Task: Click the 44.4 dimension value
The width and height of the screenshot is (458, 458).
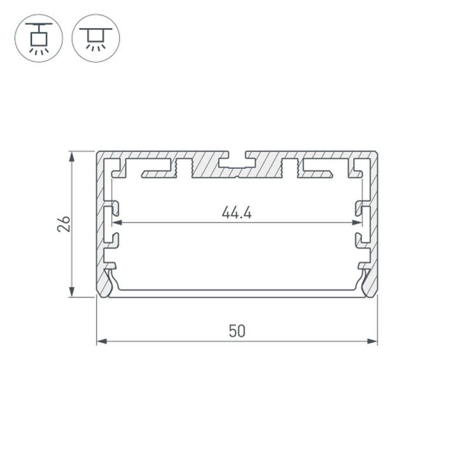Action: (237, 212)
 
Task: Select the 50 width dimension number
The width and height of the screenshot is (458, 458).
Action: (237, 331)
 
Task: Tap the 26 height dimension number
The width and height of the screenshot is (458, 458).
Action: (64, 224)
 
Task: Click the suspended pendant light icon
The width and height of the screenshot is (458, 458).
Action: (39, 38)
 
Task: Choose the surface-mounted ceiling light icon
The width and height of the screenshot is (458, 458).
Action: (95, 38)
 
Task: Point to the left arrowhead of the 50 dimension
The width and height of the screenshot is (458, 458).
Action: (101, 342)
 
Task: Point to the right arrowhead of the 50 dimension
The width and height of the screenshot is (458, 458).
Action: (373, 342)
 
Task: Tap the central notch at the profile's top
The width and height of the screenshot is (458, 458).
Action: (237, 157)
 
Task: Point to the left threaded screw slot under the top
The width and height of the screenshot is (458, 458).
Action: (183, 168)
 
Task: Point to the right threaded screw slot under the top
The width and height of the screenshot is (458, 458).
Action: (289, 168)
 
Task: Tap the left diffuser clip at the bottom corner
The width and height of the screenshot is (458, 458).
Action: (109, 283)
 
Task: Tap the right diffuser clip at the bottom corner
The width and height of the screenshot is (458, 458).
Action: (366, 283)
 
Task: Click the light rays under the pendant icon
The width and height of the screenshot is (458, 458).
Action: (39, 51)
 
